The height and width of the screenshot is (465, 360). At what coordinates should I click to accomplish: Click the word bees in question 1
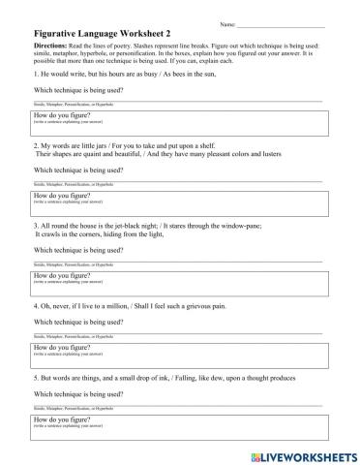click(x=201, y=74)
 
